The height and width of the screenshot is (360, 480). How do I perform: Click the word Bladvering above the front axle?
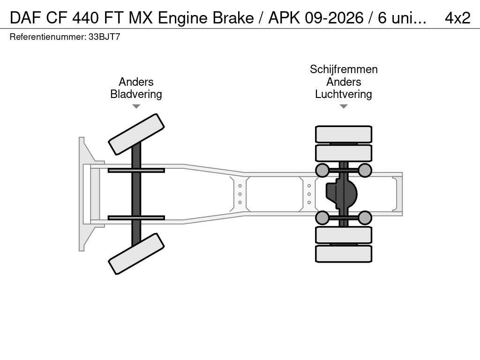coord(136,94)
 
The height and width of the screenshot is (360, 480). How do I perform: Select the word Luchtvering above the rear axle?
coord(344,94)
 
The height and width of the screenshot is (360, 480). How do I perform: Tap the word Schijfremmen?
coord(344,69)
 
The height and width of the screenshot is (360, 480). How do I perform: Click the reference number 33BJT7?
coord(105,37)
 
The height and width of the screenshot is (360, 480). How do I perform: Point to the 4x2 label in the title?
coord(457,18)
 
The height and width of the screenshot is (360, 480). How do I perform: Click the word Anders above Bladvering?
coord(136,82)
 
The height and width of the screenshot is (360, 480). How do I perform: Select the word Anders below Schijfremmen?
coord(344,82)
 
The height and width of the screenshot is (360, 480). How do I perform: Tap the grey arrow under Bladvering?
coord(136,106)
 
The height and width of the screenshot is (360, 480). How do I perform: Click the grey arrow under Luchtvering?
coord(344,106)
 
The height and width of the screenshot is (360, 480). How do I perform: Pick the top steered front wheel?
coord(136,134)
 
